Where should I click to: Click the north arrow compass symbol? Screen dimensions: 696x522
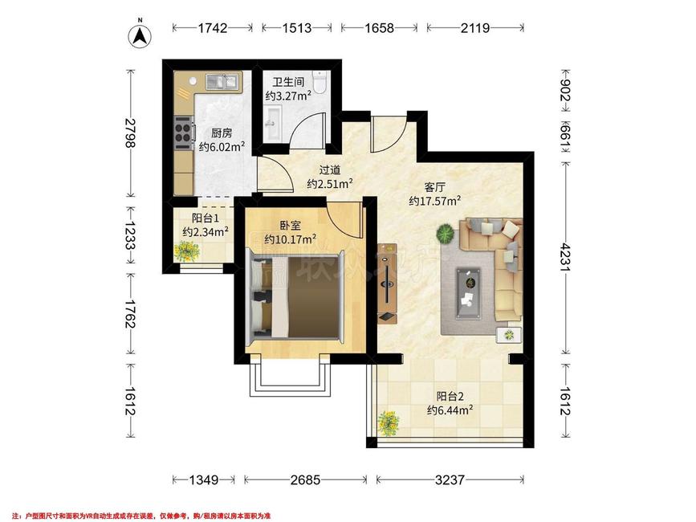tap(140, 36)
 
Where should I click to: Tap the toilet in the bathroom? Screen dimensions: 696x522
tap(320, 81)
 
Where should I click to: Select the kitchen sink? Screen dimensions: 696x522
tap(222, 82)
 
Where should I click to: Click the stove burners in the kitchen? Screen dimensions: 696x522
tap(183, 133)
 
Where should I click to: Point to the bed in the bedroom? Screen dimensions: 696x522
tap(295, 297)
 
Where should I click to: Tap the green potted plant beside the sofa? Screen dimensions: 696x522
tap(446, 234)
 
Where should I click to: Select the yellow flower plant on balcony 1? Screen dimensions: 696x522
tap(187, 251)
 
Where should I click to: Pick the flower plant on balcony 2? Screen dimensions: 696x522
tap(389, 423)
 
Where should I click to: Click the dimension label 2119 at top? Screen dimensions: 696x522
tap(475, 28)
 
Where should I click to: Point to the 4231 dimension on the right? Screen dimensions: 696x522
tap(564, 256)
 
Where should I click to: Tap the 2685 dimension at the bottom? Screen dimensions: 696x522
tap(305, 479)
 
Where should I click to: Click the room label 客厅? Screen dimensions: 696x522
tap(434, 187)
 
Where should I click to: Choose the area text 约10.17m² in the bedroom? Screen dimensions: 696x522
tap(291, 239)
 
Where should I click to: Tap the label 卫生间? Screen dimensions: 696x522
tap(288, 82)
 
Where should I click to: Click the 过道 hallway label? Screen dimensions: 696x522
tap(330, 170)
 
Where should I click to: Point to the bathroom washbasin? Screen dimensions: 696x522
tap(273, 124)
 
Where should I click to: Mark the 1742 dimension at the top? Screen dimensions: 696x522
tap(213, 28)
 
